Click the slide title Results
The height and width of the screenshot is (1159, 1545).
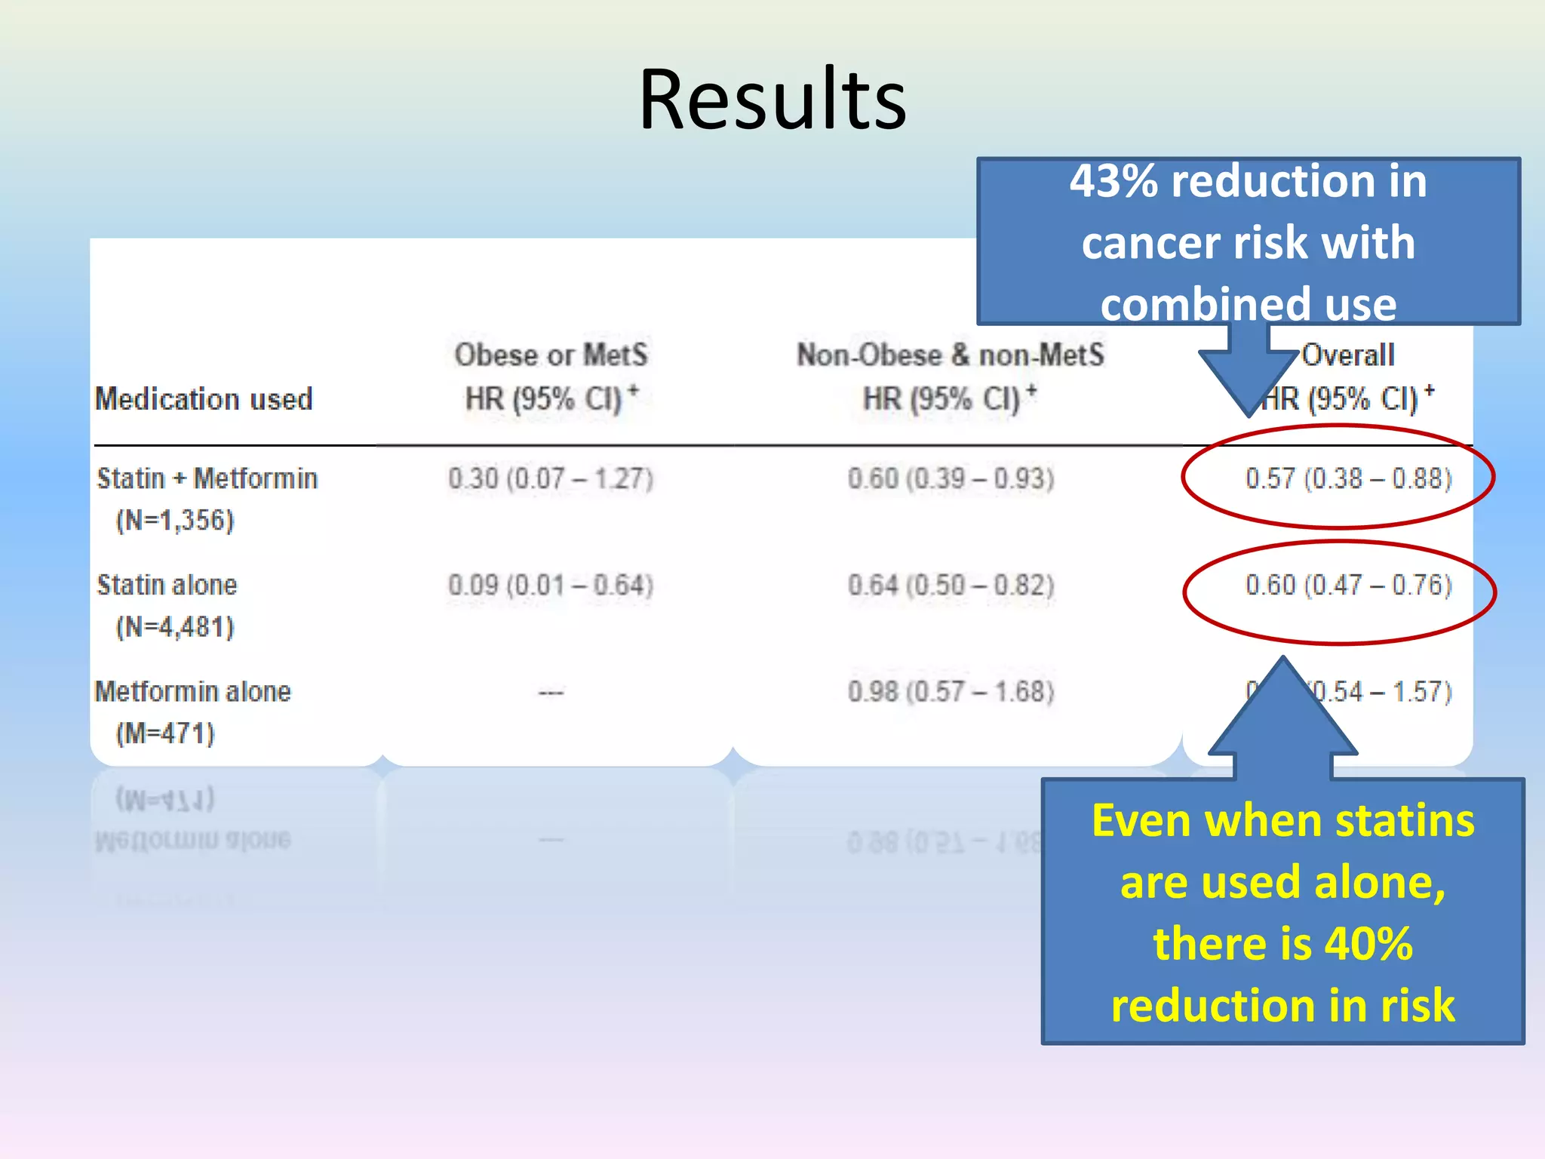click(772, 100)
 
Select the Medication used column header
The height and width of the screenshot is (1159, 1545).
click(204, 398)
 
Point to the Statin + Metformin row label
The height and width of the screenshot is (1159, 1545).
click(207, 478)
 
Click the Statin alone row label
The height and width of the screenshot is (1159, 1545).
click(167, 585)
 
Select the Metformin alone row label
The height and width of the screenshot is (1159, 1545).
click(193, 691)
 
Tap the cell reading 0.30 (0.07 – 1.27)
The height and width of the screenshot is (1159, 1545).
click(551, 478)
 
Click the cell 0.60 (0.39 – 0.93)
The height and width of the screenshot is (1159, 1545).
click(951, 478)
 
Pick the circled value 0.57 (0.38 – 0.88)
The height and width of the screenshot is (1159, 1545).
click(1348, 478)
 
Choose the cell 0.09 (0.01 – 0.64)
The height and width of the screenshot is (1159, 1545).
click(551, 585)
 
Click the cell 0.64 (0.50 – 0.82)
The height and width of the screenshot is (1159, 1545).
click(951, 585)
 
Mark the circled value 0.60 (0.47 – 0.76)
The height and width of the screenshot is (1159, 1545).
click(1348, 585)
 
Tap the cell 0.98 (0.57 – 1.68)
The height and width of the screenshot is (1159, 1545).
click(951, 691)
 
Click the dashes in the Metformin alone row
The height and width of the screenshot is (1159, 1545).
click(551, 692)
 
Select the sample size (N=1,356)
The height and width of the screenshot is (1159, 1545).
click(175, 520)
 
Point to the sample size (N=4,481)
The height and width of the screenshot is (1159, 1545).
click(175, 626)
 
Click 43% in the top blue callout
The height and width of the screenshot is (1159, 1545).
click(1113, 182)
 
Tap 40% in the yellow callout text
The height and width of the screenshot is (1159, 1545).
click(1368, 944)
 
